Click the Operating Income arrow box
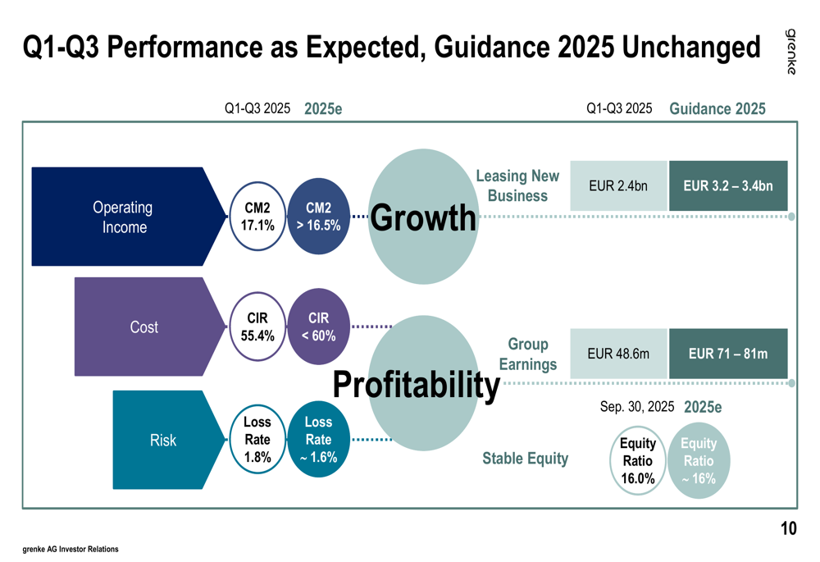pyautogui.click(x=123, y=217)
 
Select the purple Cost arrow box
pyautogui.click(x=144, y=327)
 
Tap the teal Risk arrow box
pyautogui.click(x=163, y=441)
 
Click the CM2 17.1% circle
pyautogui.click(x=257, y=216)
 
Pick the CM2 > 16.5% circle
pyautogui.click(x=319, y=216)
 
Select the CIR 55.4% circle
pyautogui.click(x=257, y=327)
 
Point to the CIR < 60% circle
pyautogui.click(x=319, y=327)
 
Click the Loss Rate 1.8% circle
pyautogui.click(x=257, y=440)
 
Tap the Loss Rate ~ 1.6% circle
pyautogui.click(x=319, y=440)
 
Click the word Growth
pyautogui.click(x=423, y=218)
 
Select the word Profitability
pyautogui.click(x=417, y=384)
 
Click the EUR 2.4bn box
pyautogui.click(x=618, y=186)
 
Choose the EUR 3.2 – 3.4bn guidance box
pyautogui.click(x=728, y=186)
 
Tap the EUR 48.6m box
pyautogui.click(x=618, y=354)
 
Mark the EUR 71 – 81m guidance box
pyautogui.click(x=728, y=354)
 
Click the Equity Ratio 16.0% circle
pyautogui.click(x=638, y=461)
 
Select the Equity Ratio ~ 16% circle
pyautogui.click(x=699, y=461)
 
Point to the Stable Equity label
pyautogui.click(x=525, y=459)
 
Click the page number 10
pyautogui.click(x=787, y=529)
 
